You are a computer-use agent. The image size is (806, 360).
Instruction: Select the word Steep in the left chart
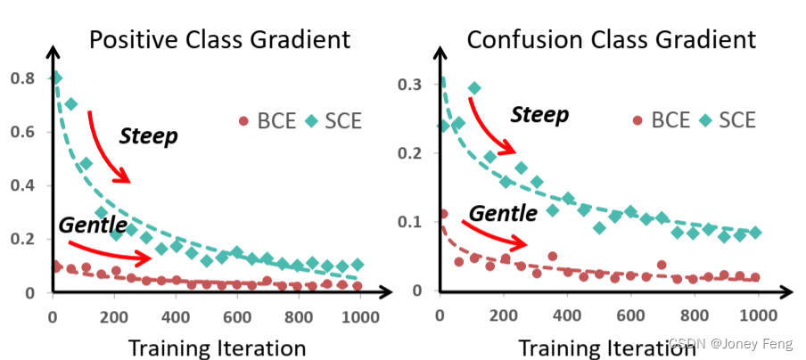coord(148,136)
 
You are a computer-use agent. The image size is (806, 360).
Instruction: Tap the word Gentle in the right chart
coord(503,213)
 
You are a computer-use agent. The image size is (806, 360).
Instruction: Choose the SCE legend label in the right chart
coord(737,120)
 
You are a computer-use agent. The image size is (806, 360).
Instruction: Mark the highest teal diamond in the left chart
coord(55,78)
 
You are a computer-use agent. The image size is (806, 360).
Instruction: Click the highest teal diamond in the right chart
coord(474,88)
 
